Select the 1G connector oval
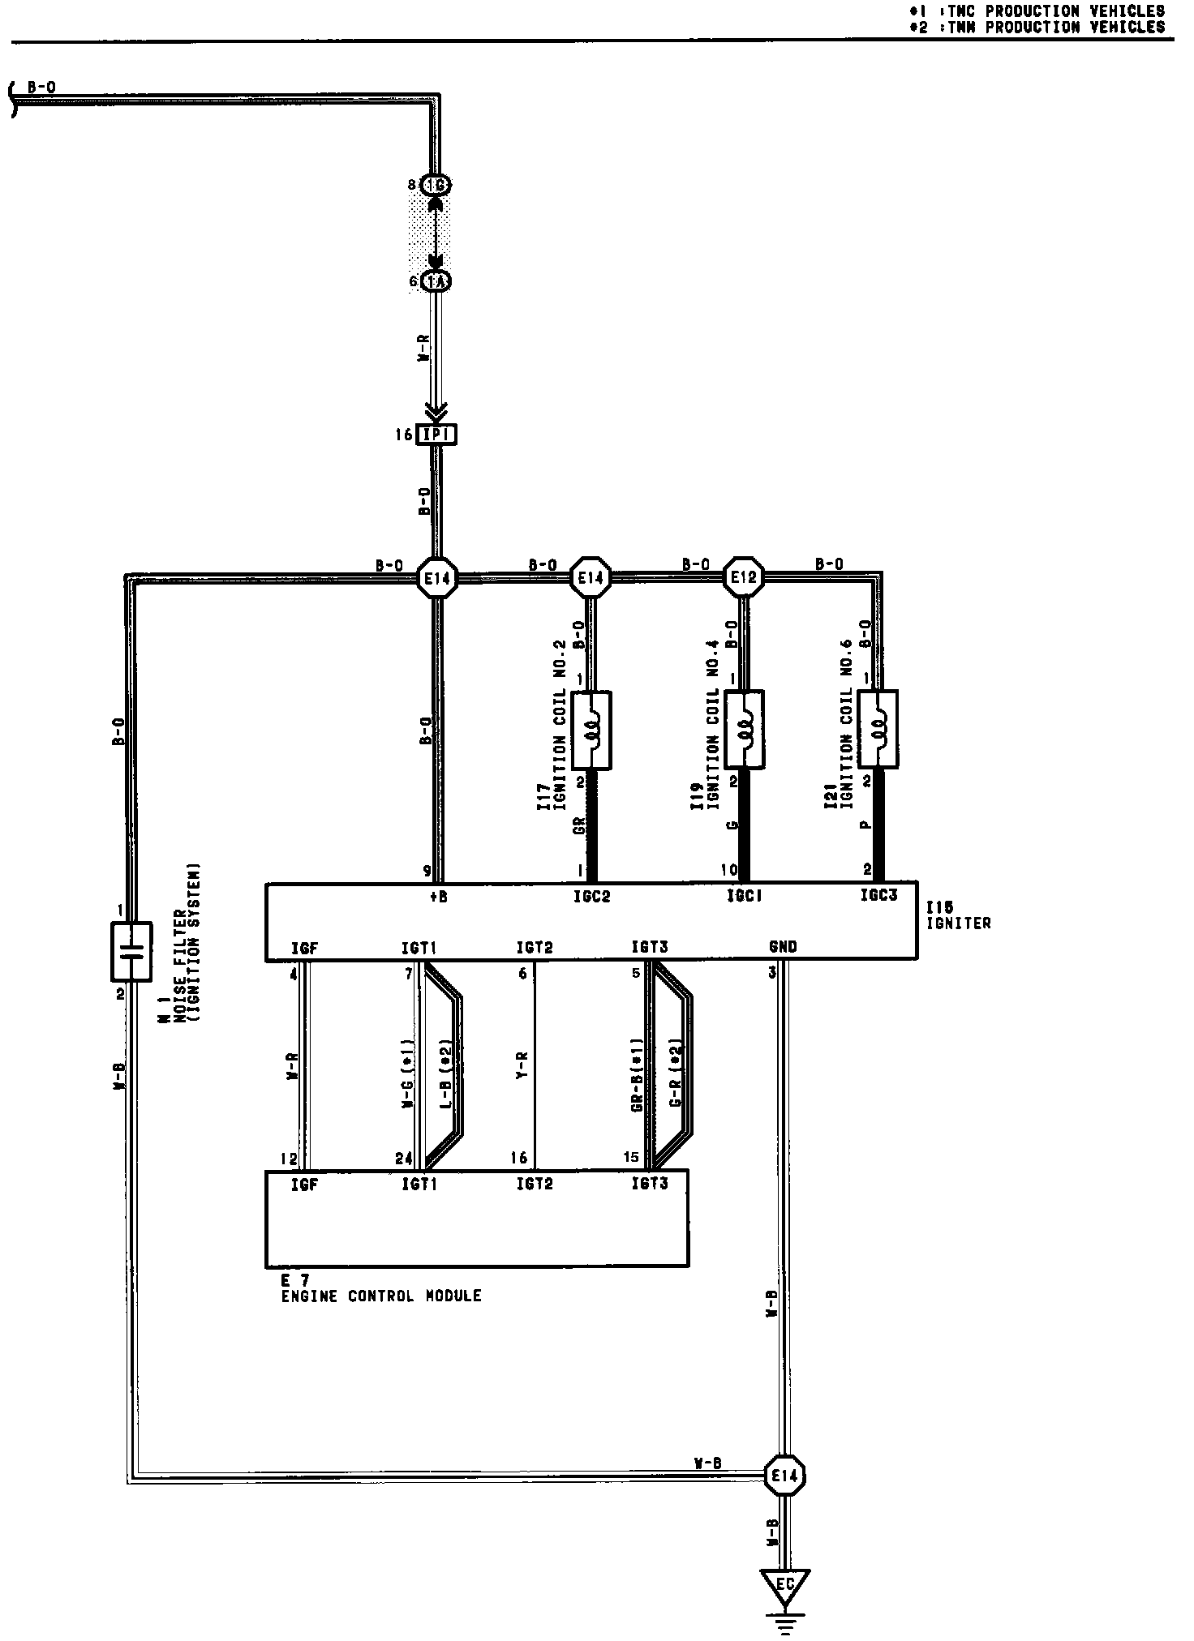coord(436,186)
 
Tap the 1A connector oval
coord(436,281)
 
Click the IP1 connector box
coord(436,435)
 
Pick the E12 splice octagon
coord(743,577)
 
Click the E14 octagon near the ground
coord(784,1476)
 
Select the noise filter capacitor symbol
coord(131,951)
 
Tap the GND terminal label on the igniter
coord(782,946)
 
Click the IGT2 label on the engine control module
coord(535,1185)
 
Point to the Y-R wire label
coord(522,1065)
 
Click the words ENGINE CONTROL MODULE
coord(381,1296)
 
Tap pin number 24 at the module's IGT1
coord(404,1159)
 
